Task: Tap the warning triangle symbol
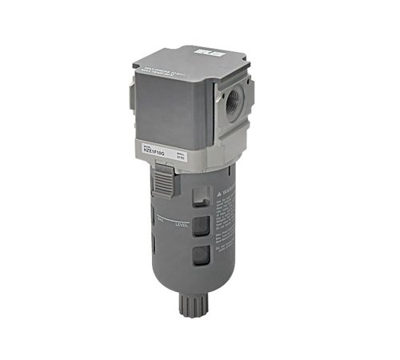click(x=220, y=191)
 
